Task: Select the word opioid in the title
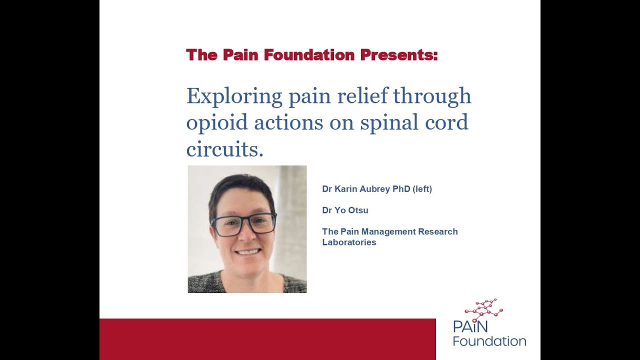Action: [217, 122]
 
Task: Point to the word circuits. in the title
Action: [224, 149]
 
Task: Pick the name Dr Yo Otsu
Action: [345, 210]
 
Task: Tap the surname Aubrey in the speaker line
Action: [370, 189]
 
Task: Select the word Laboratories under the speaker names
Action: [349, 242]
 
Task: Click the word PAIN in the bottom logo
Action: [470, 326]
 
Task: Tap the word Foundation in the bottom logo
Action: [489, 341]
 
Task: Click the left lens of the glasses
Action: [227, 225]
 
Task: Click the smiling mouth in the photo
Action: [248, 251]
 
